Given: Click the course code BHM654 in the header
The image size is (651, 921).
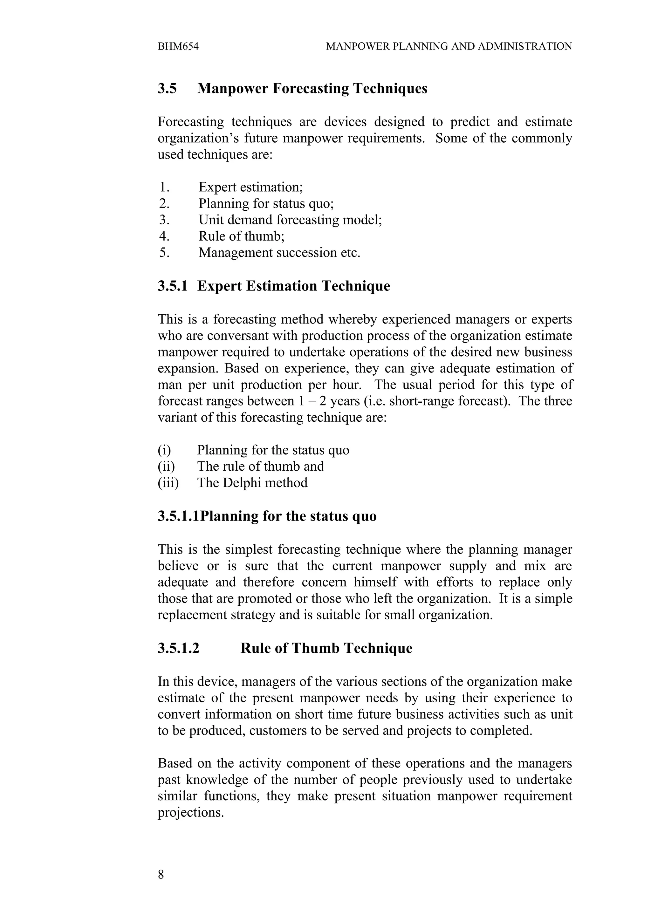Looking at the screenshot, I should (x=178, y=46).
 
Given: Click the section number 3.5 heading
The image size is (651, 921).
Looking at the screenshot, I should (x=167, y=88).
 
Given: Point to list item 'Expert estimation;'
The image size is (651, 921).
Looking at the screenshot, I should (x=251, y=187).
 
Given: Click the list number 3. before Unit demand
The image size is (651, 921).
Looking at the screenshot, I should (x=164, y=220).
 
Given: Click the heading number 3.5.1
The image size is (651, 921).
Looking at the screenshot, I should (x=173, y=286).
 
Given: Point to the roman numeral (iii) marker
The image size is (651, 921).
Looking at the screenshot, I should (x=168, y=482).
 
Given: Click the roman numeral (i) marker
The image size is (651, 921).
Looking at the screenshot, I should (x=164, y=450).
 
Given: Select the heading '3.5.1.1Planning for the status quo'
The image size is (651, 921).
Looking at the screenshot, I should (x=267, y=516).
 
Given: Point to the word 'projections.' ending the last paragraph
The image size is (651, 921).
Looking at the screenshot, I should (x=190, y=812).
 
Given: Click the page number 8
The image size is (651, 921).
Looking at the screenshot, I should (x=161, y=875).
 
